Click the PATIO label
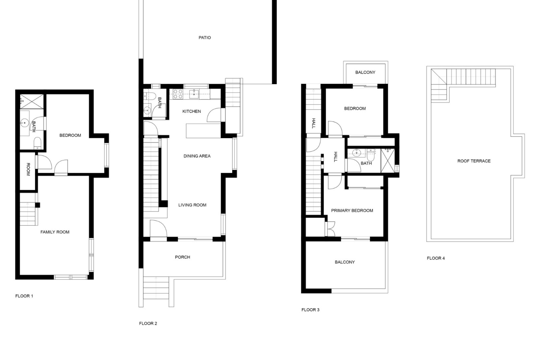[x=204, y=38]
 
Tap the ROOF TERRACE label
[x=474, y=161]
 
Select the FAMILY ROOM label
[x=55, y=232]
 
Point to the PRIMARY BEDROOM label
[x=352, y=211]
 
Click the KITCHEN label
[x=192, y=111]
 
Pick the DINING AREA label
[x=197, y=156]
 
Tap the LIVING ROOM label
[x=192, y=205]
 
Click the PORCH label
[x=183, y=257]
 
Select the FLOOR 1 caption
[x=24, y=296]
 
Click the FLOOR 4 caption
[x=436, y=258]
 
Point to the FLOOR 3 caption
[x=310, y=310]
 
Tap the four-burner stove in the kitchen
[x=178, y=94]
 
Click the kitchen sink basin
[x=194, y=94]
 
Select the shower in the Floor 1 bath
[x=32, y=101]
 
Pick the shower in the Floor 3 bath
[x=388, y=161]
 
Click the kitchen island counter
[x=203, y=130]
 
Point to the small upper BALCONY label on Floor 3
[x=365, y=73]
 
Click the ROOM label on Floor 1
[x=28, y=169]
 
